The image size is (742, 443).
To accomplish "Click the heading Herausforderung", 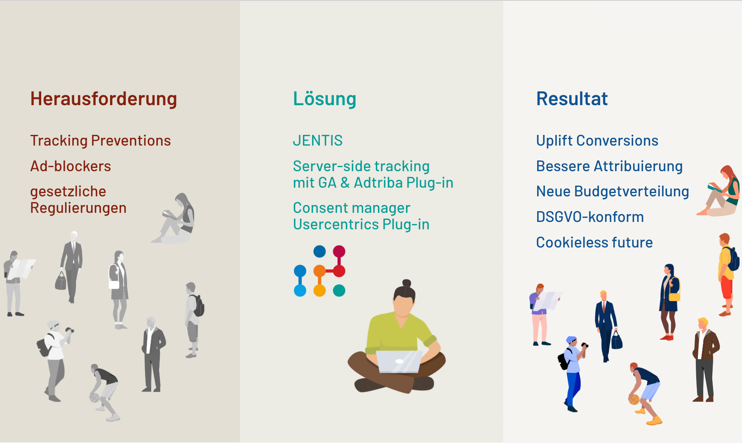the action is point(103,99).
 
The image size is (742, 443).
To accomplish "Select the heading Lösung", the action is point(324,99).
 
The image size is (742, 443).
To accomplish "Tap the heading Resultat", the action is point(572,99).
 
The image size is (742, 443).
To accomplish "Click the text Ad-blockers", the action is point(70,166).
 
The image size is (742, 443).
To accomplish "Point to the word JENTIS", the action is point(317,141).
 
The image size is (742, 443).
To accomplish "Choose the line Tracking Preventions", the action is point(100,141).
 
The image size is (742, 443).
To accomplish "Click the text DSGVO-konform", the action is point(590,217).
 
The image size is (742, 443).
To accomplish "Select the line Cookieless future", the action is point(594,243).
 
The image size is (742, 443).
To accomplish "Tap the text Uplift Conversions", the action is point(597,141).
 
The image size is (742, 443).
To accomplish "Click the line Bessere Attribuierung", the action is point(609,166).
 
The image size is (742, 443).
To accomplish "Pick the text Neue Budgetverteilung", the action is point(613,191).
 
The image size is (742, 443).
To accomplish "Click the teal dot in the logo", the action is point(339,290).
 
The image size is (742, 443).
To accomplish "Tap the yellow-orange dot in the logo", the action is point(319,290).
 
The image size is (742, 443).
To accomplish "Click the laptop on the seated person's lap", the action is point(399,361).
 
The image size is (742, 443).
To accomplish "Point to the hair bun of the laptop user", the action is point(406,283).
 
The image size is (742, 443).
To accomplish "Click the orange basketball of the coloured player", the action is point(634,399).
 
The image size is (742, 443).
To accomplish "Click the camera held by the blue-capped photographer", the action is point(584,345).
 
